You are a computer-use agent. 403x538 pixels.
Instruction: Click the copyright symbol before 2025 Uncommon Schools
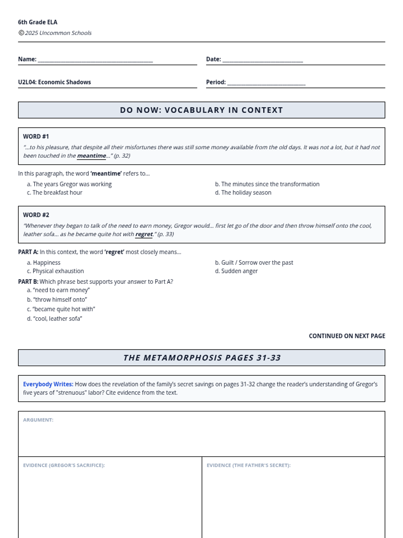tap(21, 33)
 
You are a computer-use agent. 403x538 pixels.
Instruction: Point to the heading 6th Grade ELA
tap(38, 22)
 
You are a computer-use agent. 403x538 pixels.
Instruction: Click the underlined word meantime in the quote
tap(91, 156)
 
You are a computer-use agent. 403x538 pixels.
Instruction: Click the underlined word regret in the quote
tap(144, 234)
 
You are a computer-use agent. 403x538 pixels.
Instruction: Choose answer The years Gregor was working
tap(72, 184)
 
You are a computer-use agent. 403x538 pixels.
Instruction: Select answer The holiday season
tap(246, 192)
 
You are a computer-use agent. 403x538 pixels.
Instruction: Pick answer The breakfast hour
tap(57, 192)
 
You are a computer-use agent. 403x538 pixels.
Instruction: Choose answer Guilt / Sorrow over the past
tap(257, 262)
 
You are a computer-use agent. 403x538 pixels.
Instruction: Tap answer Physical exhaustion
tap(58, 271)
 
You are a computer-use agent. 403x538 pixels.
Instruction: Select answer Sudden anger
tap(239, 271)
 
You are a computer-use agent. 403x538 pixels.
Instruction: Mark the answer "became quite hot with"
tap(63, 309)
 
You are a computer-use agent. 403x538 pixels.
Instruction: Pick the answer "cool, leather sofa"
tap(57, 318)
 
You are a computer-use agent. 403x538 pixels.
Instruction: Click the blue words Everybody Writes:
tap(48, 384)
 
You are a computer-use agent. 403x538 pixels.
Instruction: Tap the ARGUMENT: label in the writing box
tap(38, 420)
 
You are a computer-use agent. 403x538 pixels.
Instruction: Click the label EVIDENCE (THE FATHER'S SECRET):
tap(249, 465)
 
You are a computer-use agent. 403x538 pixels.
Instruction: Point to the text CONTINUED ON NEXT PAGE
tap(347, 336)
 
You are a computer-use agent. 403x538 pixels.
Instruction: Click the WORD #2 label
tap(36, 215)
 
